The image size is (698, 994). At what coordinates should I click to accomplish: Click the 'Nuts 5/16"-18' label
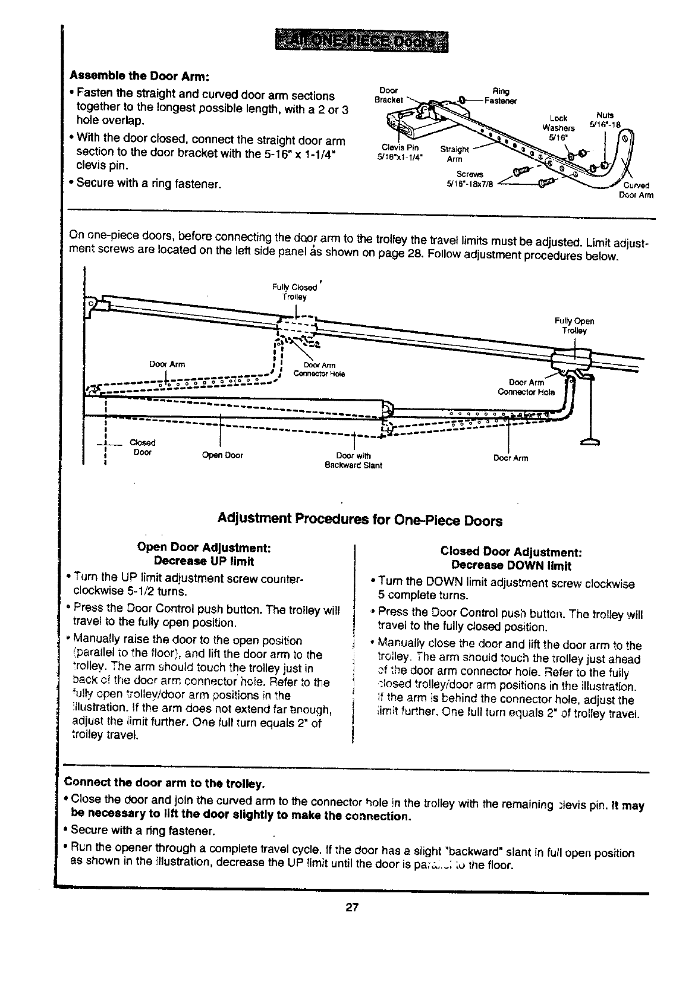click(x=605, y=120)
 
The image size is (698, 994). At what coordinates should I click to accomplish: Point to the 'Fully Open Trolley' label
click(x=574, y=326)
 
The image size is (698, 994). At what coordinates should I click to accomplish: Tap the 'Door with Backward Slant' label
click(x=353, y=461)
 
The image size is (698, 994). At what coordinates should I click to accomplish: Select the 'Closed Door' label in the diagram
click(x=142, y=447)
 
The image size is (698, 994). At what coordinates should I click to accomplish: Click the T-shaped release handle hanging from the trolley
click(x=590, y=441)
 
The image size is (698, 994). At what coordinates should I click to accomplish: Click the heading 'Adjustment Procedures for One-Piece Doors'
click(x=360, y=521)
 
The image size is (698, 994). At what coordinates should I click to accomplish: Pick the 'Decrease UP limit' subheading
click(x=203, y=561)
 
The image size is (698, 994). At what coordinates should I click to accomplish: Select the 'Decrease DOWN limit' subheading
click(x=511, y=565)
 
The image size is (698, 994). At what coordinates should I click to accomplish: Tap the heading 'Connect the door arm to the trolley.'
click(x=164, y=781)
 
